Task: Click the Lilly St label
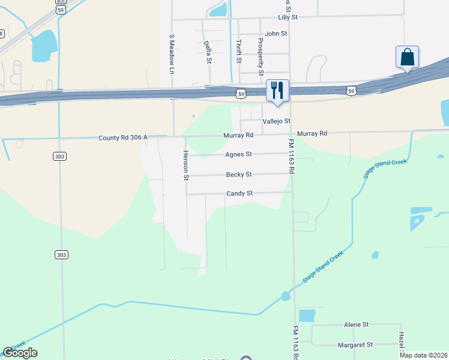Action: [287, 18]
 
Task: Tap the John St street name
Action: [276, 34]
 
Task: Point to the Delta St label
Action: [208, 52]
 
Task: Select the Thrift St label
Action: [239, 51]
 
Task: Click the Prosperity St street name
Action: [261, 56]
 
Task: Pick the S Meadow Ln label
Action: [171, 53]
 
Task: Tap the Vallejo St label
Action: [276, 121]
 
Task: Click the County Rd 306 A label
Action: [123, 138]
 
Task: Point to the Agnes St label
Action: [238, 154]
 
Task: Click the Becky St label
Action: [238, 175]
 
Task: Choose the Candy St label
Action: [240, 194]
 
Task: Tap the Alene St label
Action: [356, 325]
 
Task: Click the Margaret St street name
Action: [355, 345]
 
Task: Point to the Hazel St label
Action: [401, 343]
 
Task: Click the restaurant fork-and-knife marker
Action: [277, 91]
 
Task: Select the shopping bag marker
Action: [407, 58]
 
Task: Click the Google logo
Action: [20, 353]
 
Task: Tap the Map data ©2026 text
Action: [424, 355]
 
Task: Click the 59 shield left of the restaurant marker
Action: [241, 94]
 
